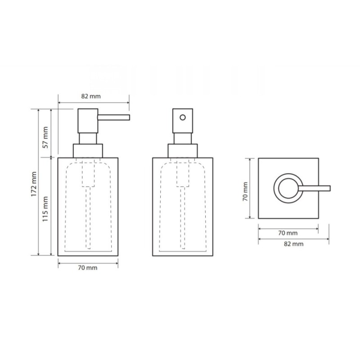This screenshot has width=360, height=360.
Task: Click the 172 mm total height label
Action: coord(34,184)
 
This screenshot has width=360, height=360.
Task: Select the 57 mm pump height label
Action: coord(45,137)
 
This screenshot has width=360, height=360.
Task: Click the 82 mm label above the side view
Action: coord(91,96)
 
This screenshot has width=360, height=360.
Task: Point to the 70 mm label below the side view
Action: coord(87,268)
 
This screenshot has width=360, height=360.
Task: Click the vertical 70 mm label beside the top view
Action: coord(245,192)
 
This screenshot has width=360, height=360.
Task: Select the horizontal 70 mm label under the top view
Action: coord(288,233)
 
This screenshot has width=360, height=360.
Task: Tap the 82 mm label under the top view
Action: coord(294,244)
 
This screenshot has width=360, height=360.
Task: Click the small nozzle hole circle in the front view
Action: coord(183,117)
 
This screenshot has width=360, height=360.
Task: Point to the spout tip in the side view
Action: coord(130,117)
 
